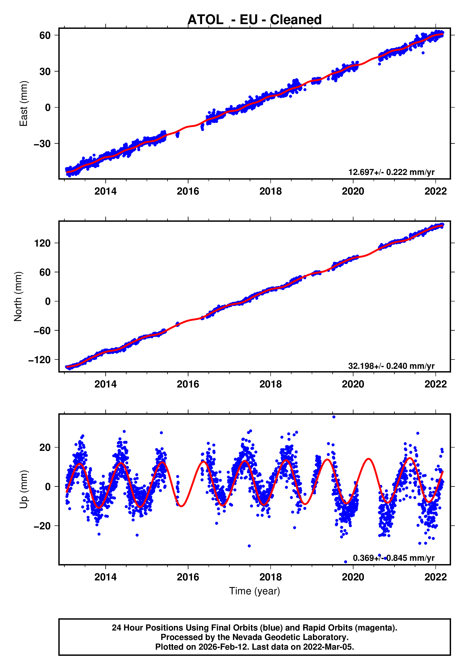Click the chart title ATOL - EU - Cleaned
pos(255,20)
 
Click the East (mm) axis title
pos(23,104)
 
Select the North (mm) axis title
pos(18,296)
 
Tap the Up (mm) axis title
pos(23,489)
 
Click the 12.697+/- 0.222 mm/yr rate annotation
pos(391,172)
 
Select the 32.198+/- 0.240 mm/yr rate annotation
pos(391,366)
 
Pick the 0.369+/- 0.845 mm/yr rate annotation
pos(393,558)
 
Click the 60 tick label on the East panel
pos(45,35)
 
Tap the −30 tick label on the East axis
pos(43,144)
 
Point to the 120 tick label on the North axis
pos(43,243)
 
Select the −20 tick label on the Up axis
pos(43,526)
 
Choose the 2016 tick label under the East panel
pos(188,191)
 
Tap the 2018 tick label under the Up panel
pos(270,577)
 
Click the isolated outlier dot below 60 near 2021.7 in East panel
pos(423,53)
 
